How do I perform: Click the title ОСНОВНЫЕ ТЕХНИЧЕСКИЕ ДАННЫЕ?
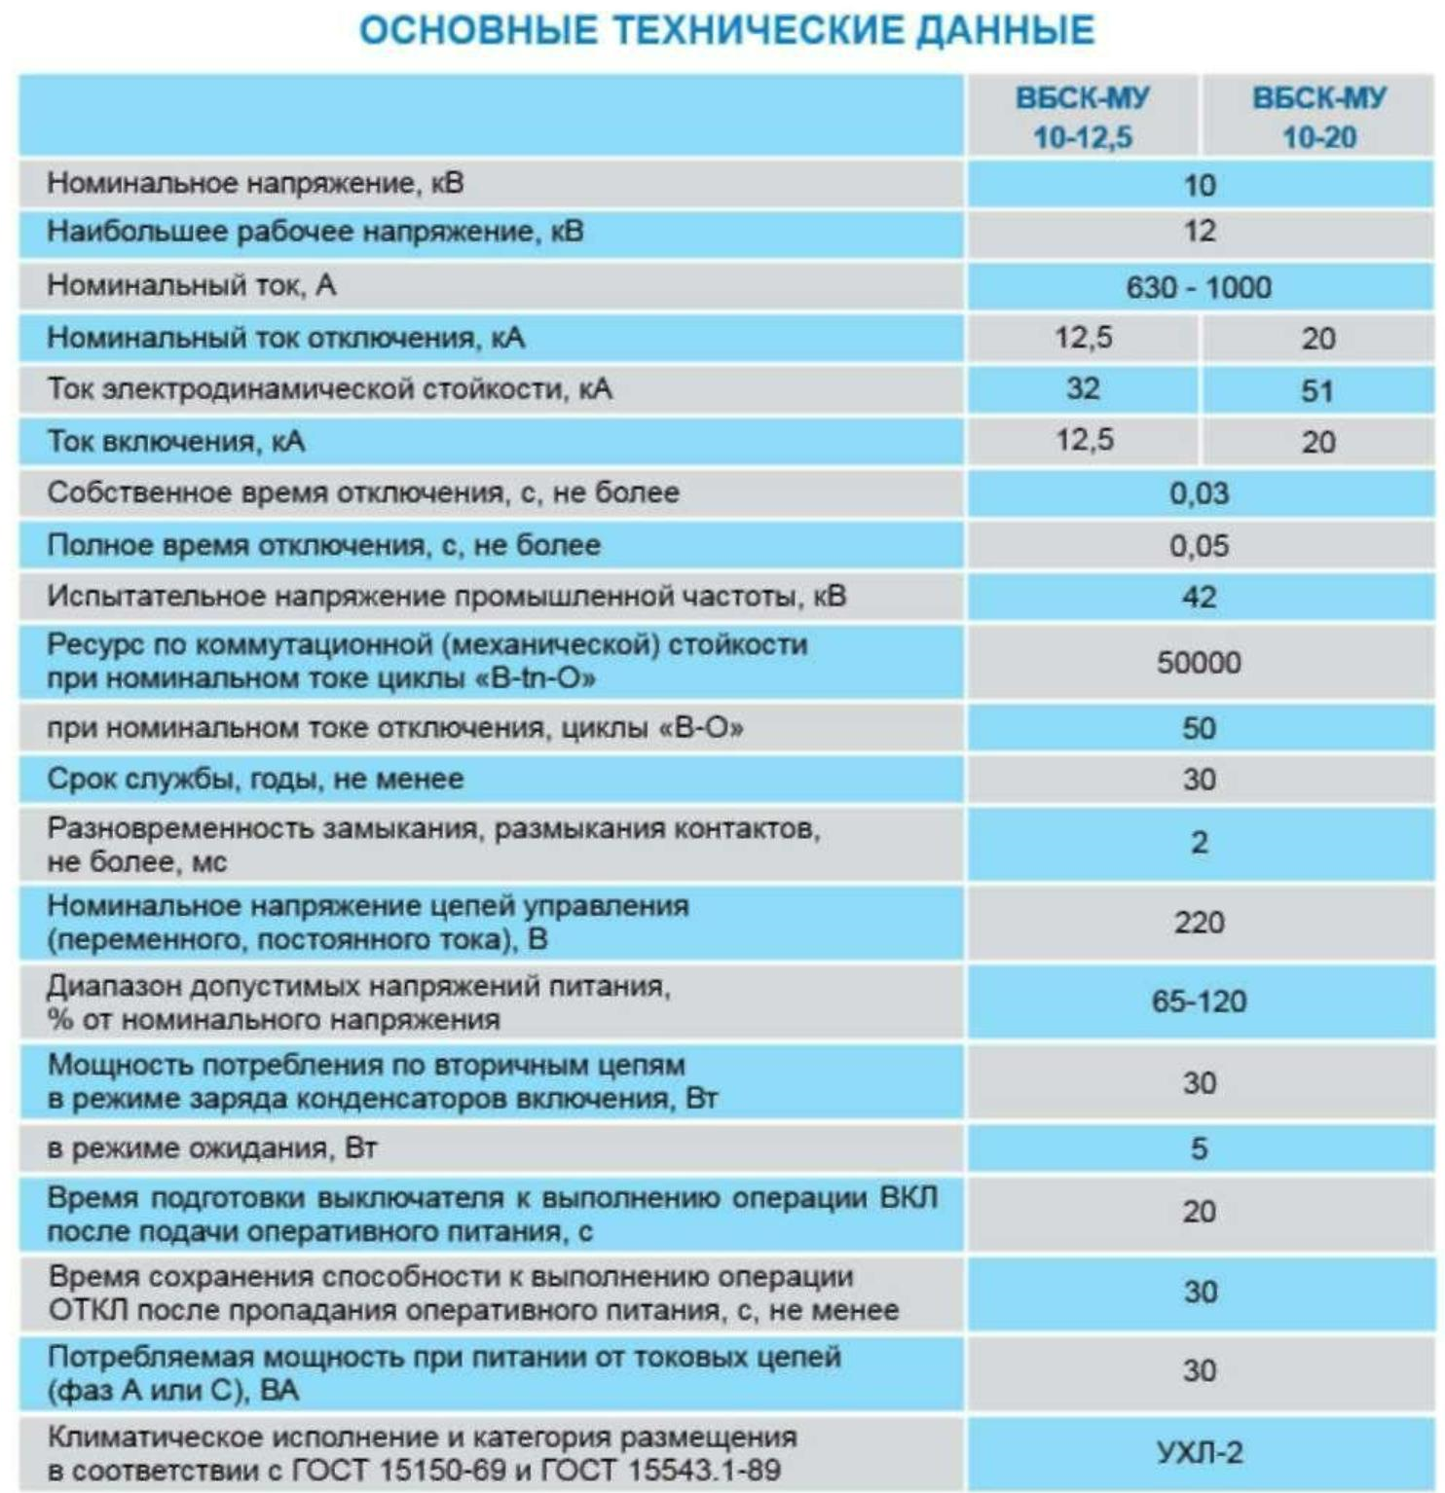pyautogui.click(x=726, y=30)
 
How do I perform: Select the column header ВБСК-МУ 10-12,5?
pyautogui.click(x=1082, y=117)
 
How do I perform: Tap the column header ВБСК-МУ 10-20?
pyautogui.click(x=1318, y=117)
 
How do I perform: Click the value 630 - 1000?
pyautogui.click(x=1199, y=288)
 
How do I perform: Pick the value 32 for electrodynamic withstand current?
pyautogui.click(x=1083, y=388)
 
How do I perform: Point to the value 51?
pyautogui.click(x=1317, y=391)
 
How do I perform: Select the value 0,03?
pyautogui.click(x=1199, y=493)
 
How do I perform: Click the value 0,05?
pyautogui.click(x=1199, y=546)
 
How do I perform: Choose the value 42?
pyautogui.click(x=1199, y=597)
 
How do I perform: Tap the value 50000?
pyautogui.click(x=1199, y=663)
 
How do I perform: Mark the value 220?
pyautogui.click(x=1199, y=922)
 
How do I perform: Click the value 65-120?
pyautogui.click(x=1199, y=1001)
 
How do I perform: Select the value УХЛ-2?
pyautogui.click(x=1200, y=1453)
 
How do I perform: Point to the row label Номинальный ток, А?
pyautogui.click(x=192, y=286)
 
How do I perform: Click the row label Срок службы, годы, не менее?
pyautogui.click(x=255, y=779)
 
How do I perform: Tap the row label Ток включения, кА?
pyautogui.click(x=176, y=442)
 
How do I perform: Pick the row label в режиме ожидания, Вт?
pyautogui.click(x=211, y=1148)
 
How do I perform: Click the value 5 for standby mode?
pyautogui.click(x=1199, y=1148)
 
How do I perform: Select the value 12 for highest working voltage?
pyautogui.click(x=1199, y=232)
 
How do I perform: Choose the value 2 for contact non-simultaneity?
pyautogui.click(x=1199, y=843)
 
